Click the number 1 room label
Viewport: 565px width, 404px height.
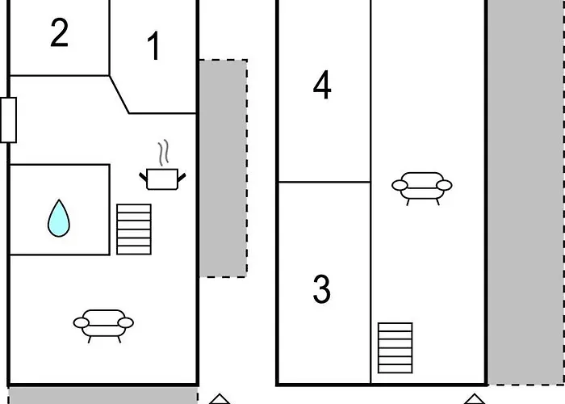point(153,47)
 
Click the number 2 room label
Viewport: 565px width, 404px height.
point(59,33)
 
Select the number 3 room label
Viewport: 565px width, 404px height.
point(321,289)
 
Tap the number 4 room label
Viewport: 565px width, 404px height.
point(322,86)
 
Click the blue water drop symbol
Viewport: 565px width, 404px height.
point(57,218)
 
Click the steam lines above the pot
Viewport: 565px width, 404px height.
point(165,152)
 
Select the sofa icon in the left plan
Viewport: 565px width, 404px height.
point(103,323)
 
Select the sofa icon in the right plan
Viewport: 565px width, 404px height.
point(421,186)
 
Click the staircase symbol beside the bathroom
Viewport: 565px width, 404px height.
point(134,229)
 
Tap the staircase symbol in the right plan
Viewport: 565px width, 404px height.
point(395,347)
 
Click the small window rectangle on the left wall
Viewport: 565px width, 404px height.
point(8,120)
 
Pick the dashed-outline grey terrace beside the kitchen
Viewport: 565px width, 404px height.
point(223,168)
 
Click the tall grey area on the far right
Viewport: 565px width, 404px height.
point(525,186)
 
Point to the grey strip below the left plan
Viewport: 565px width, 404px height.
point(103,395)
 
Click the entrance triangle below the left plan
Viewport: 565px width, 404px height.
point(220,399)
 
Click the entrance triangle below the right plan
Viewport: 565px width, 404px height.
point(474,399)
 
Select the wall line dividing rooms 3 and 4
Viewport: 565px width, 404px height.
point(324,182)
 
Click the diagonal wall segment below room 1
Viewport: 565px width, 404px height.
point(119,95)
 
